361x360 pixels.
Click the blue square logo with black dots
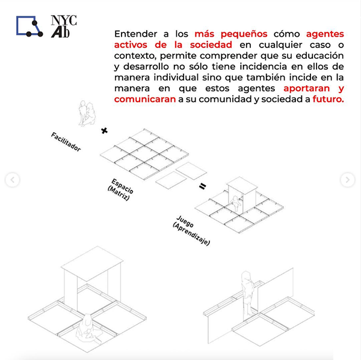pos(29,26)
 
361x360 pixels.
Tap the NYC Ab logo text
pos(64,26)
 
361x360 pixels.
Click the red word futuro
pos(328,99)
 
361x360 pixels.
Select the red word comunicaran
pos(145,99)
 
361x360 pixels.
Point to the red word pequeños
pos(244,34)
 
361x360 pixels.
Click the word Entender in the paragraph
pos(135,34)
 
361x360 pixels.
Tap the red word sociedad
pos(211,44)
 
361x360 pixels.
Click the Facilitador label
pos(66,142)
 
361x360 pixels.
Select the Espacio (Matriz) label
pos(120,189)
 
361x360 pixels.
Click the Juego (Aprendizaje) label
pos(191,230)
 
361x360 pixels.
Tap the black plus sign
pos(104,131)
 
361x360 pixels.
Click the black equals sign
pos(202,186)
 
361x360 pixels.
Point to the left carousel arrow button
pos(13,180)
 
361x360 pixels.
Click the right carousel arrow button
pos(347,180)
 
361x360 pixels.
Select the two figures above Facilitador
pos(87,114)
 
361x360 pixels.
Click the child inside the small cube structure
pos(236,204)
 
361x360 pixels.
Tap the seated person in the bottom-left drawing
pos(88,329)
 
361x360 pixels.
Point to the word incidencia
pos(263,67)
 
